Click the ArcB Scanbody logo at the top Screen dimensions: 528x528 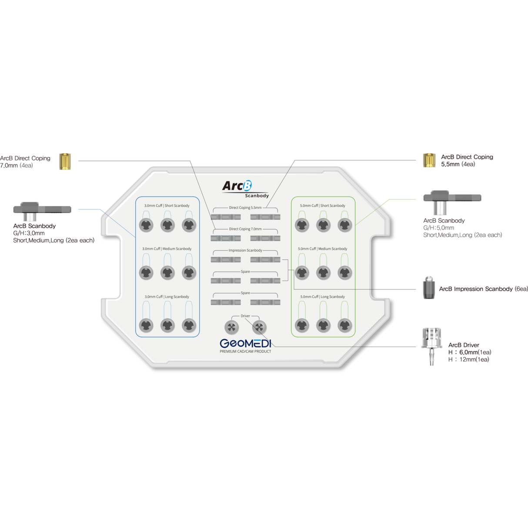click(244, 189)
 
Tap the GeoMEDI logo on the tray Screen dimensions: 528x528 click(245, 344)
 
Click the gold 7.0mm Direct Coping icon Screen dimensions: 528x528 click(65, 161)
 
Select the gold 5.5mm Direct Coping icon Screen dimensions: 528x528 click(429, 160)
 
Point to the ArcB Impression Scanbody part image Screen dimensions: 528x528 click(429, 287)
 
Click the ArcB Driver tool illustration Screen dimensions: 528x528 click(431, 346)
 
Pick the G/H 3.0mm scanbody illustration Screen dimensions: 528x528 click(42, 211)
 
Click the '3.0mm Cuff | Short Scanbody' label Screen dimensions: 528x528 click(167, 206)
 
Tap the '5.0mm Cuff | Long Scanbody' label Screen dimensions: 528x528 click(322, 297)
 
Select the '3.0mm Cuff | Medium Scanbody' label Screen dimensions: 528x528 click(167, 249)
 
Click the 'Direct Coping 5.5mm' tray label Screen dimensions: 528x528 click(245, 208)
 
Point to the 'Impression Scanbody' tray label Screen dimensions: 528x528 click(245, 251)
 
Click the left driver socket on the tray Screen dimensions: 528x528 click(231, 327)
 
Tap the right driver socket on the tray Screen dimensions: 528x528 click(259, 327)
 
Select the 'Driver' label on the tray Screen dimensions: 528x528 click(245, 316)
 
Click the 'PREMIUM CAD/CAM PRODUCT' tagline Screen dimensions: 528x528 click(245, 351)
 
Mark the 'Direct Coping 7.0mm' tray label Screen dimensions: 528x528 click(245, 229)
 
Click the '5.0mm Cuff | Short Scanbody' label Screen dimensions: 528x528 click(322, 206)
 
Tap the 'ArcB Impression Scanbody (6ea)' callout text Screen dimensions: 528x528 click(483, 289)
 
